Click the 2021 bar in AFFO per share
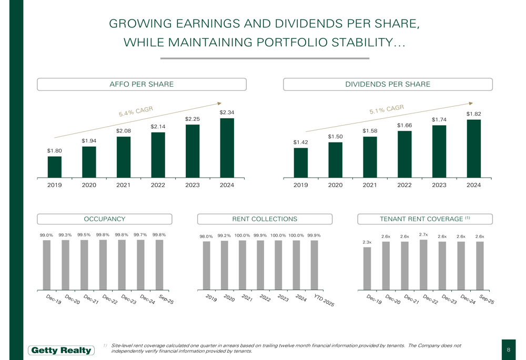point(123,157)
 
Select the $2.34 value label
point(227,112)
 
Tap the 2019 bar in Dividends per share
point(300,162)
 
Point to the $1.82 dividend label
point(473,114)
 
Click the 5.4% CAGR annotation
point(136,111)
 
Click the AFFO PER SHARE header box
point(141,84)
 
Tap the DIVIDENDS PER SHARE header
point(388,84)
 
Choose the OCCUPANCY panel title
point(105,219)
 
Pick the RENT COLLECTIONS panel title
point(265,219)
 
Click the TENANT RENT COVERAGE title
point(424,219)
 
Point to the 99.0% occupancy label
point(46,235)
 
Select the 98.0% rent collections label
point(206,236)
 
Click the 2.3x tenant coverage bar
point(367,268)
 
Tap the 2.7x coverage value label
point(423,234)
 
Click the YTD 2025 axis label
point(323,301)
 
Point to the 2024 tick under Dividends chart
point(473,185)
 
